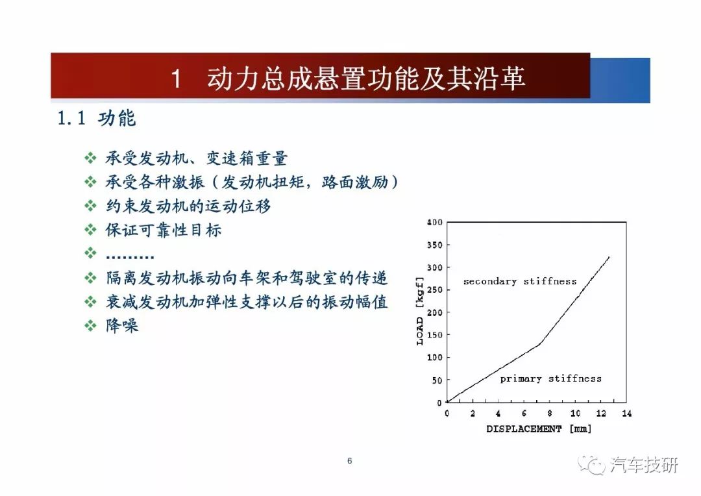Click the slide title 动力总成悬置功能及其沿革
click(x=365, y=79)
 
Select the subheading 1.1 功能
click(x=97, y=119)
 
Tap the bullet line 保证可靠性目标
click(x=164, y=230)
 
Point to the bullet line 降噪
click(x=122, y=325)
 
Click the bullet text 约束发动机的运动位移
click(x=188, y=206)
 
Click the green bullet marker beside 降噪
click(x=90, y=325)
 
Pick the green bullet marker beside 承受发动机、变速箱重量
click(x=90, y=158)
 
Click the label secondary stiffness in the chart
click(x=520, y=281)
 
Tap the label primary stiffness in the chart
click(x=551, y=379)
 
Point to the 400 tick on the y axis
click(x=434, y=222)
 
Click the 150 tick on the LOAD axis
click(x=434, y=335)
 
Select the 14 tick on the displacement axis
click(x=627, y=414)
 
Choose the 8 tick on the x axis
click(x=550, y=414)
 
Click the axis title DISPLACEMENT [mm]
click(x=539, y=429)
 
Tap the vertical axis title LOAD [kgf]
click(x=419, y=311)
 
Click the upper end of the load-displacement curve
click(x=609, y=256)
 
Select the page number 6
click(x=350, y=461)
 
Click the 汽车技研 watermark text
click(x=644, y=465)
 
